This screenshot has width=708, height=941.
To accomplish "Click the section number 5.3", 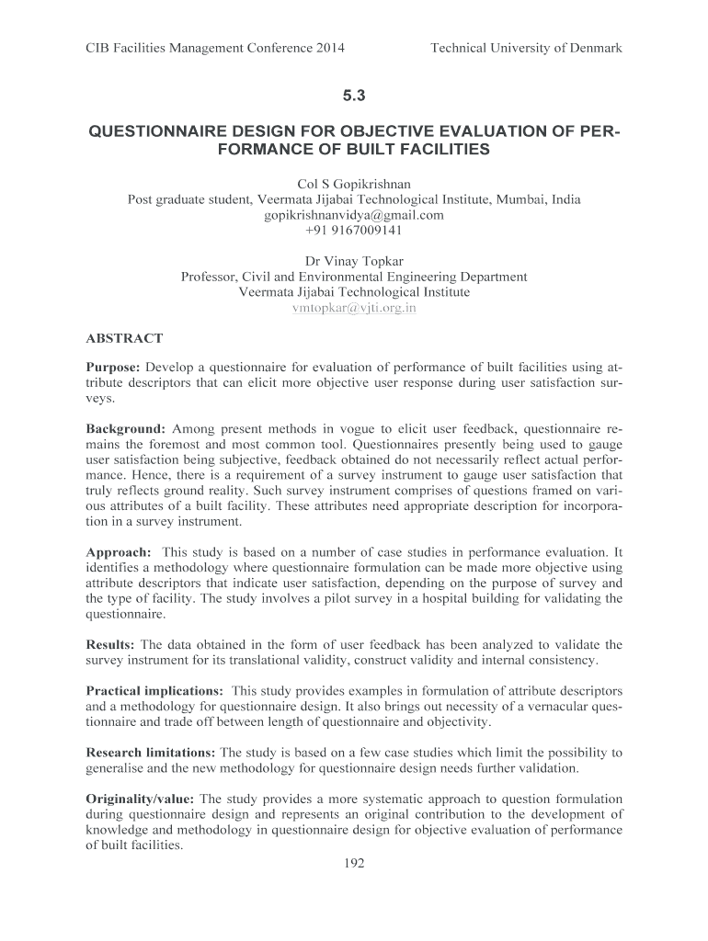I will [x=354, y=94].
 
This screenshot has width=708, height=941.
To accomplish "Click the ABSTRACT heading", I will [x=124, y=339].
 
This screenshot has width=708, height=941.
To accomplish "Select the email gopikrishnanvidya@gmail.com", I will [x=354, y=215].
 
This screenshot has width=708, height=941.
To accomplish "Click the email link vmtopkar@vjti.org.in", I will [x=354, y=308].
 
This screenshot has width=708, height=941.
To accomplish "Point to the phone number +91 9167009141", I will [x=354, y=231].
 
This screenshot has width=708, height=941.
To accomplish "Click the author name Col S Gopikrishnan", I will [x=354, y=184].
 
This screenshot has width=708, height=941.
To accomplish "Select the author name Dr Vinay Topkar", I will [x=354, y=261].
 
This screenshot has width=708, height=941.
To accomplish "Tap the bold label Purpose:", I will [x=113, y=368].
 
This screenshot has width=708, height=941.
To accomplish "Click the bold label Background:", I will [x=126, y=428].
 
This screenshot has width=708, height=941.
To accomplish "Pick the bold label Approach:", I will [x=119, y=552].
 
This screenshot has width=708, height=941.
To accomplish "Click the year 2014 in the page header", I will [x=329, y=48].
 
